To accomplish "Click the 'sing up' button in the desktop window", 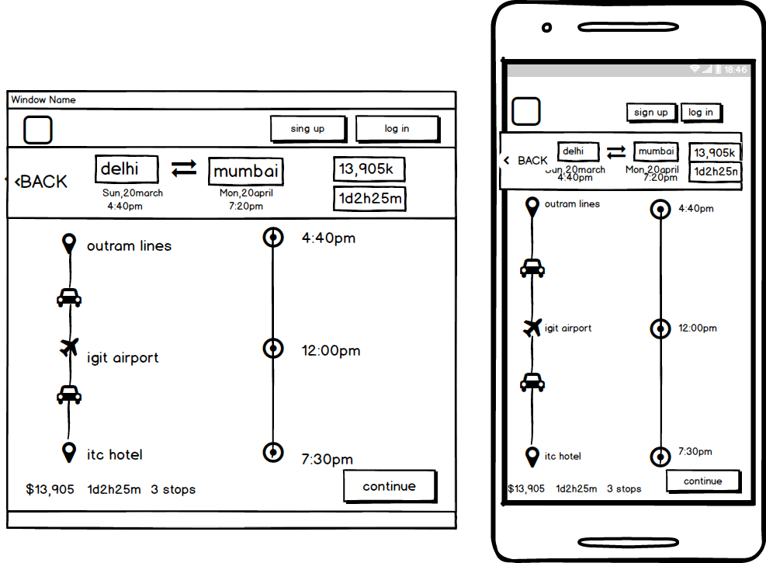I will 308,129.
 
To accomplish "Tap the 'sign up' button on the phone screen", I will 651,113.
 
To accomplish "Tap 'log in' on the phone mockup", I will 701,113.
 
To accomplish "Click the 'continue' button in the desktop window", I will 390,487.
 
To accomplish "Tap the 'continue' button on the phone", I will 703,481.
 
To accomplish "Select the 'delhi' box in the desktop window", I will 127,169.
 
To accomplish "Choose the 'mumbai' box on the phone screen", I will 656,151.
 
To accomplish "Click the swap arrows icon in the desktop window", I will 184,169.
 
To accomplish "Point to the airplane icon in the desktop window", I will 70,347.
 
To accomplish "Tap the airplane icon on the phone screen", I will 532,328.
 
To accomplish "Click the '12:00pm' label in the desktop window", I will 331,351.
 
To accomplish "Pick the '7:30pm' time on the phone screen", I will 695,452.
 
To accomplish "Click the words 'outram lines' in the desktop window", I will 129,246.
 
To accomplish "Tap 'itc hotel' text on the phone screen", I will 563,457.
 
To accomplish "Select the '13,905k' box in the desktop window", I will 369,169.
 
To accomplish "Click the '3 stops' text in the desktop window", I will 173,490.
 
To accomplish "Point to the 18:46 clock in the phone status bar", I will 735,70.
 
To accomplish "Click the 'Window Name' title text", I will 43,100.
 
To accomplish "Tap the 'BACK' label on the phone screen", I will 532,161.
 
